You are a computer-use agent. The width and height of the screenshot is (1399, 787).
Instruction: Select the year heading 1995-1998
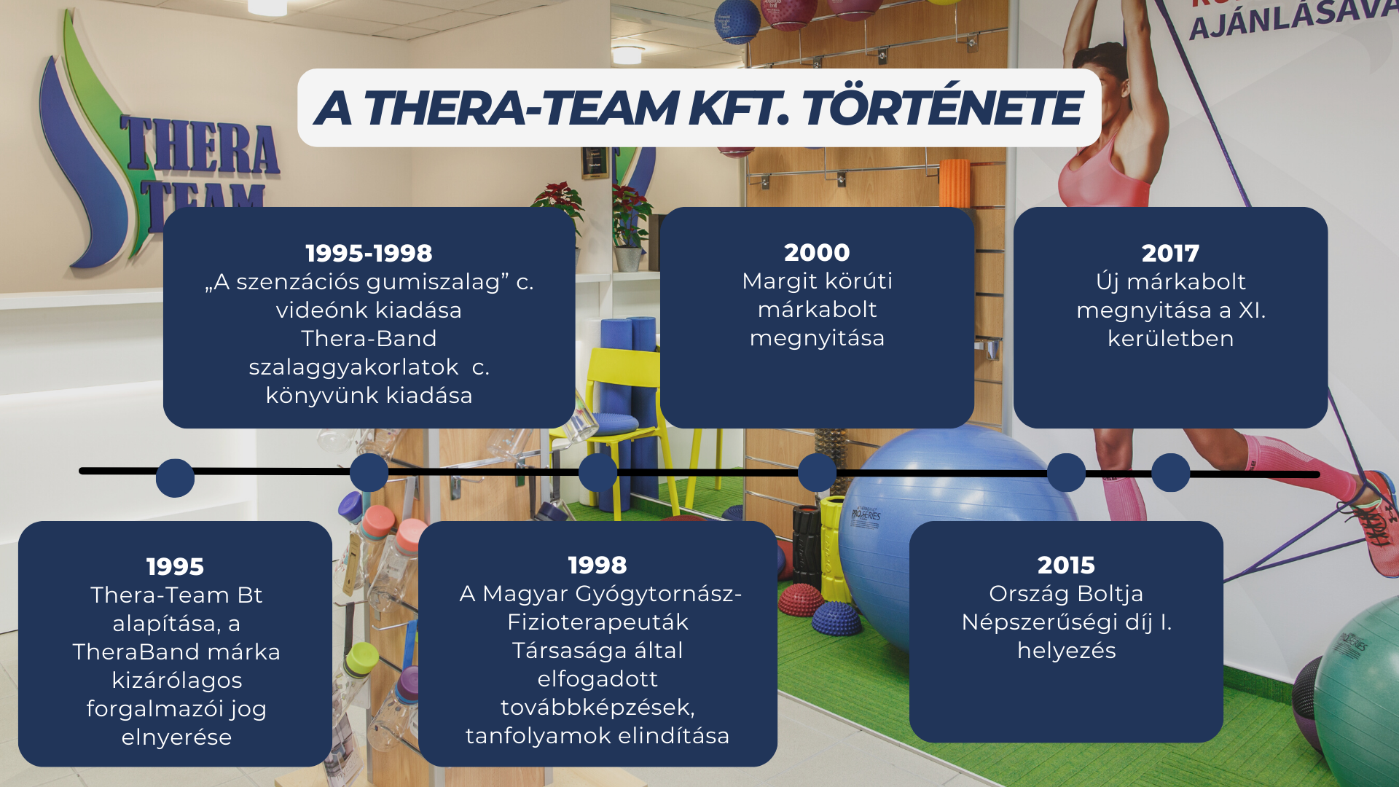[x=369, y=253]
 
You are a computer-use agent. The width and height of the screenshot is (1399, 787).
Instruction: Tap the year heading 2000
[x=817, y=252]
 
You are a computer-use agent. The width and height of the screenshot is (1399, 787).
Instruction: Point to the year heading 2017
[x=1170, y=253]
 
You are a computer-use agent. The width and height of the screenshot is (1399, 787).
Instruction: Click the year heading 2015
[x=1066, y=565]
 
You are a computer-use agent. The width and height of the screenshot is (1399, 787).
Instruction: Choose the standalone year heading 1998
[x=597, y=565]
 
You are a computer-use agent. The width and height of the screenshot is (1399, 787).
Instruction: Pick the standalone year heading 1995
[x=175, y=566]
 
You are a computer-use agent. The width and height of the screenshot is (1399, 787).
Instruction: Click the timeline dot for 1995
[x=175, y=478]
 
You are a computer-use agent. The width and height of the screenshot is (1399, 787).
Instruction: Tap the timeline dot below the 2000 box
[x=817, y=472]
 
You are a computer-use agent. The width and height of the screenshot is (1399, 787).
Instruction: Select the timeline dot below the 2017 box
[x=1171, y=472]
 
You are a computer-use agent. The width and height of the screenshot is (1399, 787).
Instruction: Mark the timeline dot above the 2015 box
[x=1066, y=472]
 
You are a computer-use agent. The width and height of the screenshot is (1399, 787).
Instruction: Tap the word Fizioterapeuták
[x=597, y=622]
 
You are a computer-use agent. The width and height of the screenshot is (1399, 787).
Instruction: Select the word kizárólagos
[x=176, y=681]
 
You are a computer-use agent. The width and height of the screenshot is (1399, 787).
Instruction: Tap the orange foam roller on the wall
[x=955, y=182]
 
